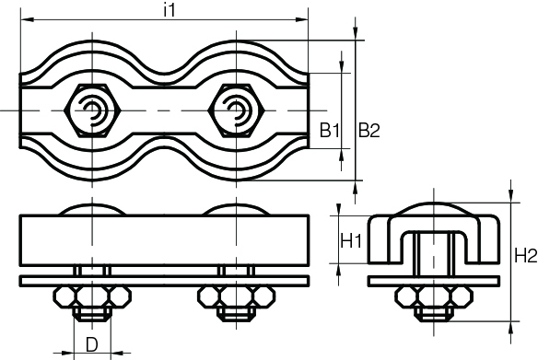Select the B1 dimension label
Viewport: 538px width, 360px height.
[x=331, y=131]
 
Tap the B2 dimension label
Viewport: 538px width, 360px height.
[x=368, y=131]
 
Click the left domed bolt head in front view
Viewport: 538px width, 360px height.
[x=92, y=210]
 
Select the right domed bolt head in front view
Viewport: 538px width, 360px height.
[x=237, y=210]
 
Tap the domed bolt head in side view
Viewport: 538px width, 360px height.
[x=433, y=207]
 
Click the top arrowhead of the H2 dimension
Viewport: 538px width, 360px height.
[x=512, y=196]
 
